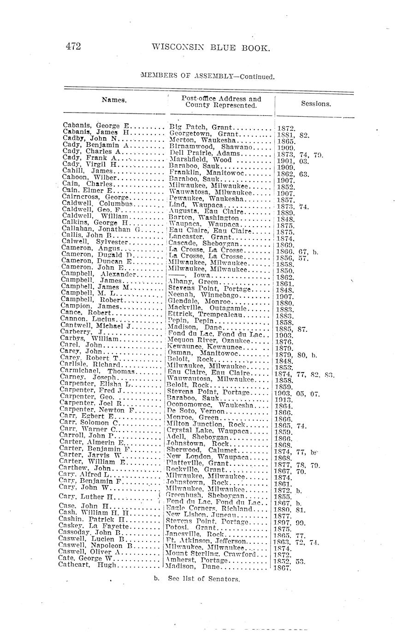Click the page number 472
click(74, 46)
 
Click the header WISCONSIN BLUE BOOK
click(210, 47)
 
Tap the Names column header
click(114, 100)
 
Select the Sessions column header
click(316, 103)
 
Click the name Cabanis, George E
click(97, 125)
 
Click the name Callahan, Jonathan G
click(100, 229)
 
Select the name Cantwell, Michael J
click(95, 326)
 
